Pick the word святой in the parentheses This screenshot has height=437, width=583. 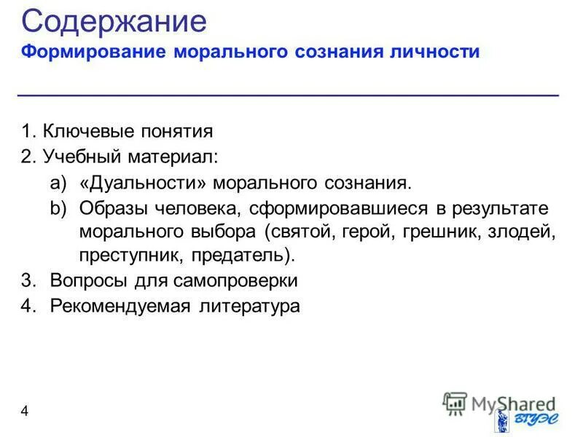pos(295,232)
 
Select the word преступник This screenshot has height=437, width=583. pos(131,256)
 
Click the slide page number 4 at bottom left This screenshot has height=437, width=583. pos(25,412)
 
